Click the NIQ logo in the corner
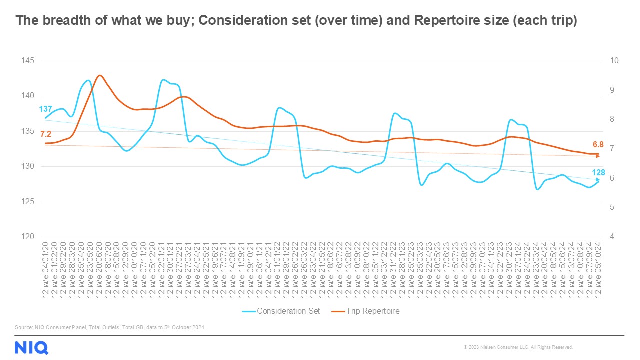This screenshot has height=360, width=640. pyautogui.click(x=31, y=347)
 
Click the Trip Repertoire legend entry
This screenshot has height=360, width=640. pyautogui.click(x=372, y=311)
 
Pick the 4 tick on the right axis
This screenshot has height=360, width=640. pyautogui.click(x=612, y=237)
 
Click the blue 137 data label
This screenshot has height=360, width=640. pyautogui.click(x=46, y=109)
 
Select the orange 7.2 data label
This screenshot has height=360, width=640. pyautogui.click(x=46, y=134)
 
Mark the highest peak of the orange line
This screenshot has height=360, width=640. pyautogui.click(x=99, y=75)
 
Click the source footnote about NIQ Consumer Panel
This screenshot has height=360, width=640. pyautogui.click(x=110, y=327)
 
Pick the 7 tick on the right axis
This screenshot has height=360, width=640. pyautogui.click(x=612, y=149)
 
